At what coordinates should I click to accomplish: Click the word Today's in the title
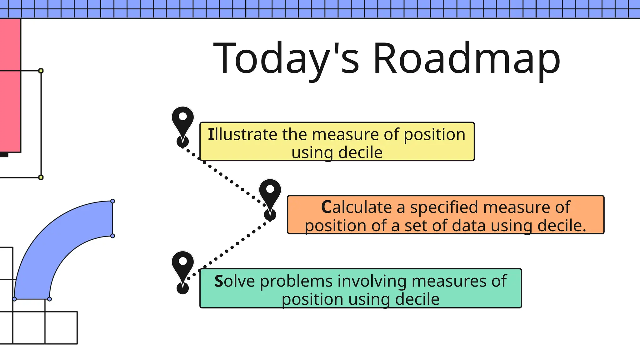(x=286, y=58)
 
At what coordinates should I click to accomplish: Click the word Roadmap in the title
(x=467, y=58)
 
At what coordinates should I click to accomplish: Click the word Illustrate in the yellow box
(x=242, y=135)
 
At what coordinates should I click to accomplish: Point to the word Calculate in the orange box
(x=356, y=207)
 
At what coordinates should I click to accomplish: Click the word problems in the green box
(x=296, y=281)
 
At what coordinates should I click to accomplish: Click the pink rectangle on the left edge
(x=10, y=84)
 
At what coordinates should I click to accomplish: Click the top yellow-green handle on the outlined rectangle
(x=41, y=71)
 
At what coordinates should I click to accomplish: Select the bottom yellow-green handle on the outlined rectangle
(x=41, y=177)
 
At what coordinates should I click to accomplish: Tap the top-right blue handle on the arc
(x=113, y=201)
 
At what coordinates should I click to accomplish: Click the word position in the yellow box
(x=434, y=135)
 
